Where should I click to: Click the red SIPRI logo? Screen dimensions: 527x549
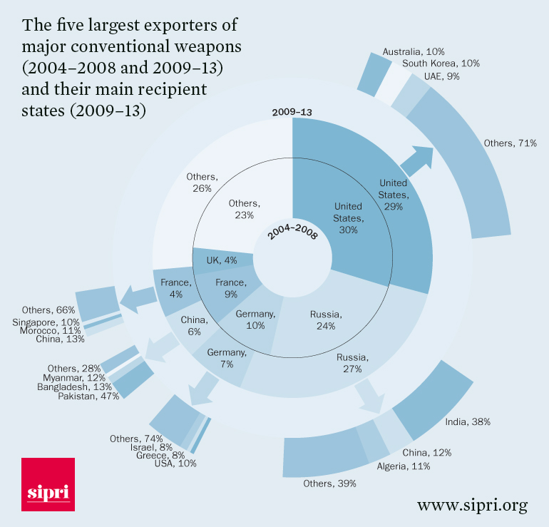pyautogui.click(x=48, y=484)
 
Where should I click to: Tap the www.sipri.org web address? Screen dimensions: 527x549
pyautogui.click(x=472, y=506)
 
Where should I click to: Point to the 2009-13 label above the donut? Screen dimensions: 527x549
pyautogui.click(x=292, y=112)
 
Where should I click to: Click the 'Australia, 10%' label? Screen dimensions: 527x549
pyautogui.click(x=414, y=52)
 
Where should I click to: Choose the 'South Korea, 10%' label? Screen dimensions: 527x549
pyautogui.click(x=441, y=63)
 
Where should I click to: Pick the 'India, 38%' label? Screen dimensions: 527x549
pyautogui.click(x=468, y=421)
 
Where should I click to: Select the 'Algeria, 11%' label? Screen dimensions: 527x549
pyautogui.click(x=403, y=466)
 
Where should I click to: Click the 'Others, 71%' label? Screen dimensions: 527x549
pyautogui.click(x=510, y=143)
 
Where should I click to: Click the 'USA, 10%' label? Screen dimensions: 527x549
pyautogui.click(x=175, y=464)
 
